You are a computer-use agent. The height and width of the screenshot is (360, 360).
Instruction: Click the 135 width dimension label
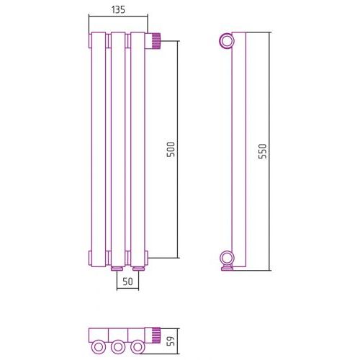point(118,9)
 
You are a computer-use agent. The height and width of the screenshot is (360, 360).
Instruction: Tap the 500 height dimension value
point(171,150)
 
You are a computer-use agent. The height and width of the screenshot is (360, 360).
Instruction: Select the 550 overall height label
point(263,151)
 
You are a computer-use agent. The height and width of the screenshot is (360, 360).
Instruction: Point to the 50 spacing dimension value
point(127,282)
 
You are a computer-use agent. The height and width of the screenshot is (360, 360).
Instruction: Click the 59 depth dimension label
point(171,341)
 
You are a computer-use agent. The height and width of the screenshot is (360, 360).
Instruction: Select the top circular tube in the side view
point(227,41)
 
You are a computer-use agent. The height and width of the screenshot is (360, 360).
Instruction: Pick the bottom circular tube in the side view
point(227,258)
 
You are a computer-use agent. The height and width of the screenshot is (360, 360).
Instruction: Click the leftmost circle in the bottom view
point(98,347)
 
